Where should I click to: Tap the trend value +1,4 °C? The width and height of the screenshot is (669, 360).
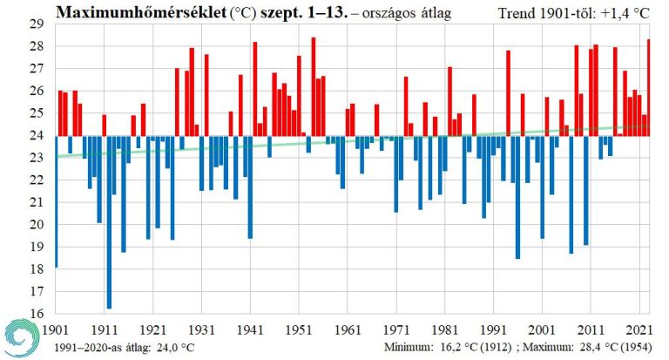coord(627,14)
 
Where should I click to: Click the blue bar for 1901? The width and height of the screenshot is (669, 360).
coord(56,201)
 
